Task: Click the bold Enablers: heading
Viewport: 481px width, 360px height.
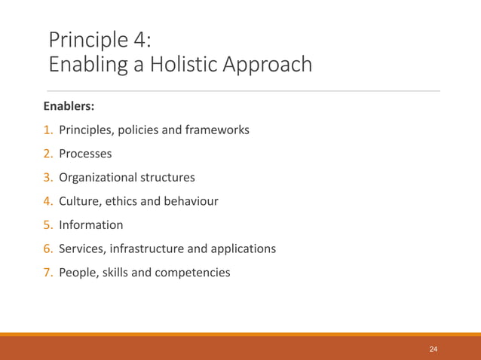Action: click(x=74, y=105)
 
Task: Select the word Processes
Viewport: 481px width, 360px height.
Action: click(x=85, y=154)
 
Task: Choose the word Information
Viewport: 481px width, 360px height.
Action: click(x=91, y=224)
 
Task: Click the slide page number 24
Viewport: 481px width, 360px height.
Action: click(x=433, y=349)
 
